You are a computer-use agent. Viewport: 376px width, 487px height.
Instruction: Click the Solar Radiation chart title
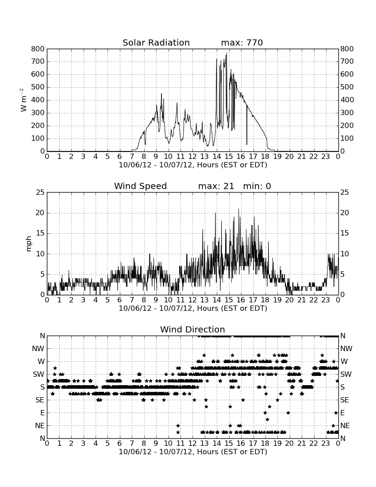tap(156, 43)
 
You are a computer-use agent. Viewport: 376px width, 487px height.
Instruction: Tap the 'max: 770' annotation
tap(242, 43)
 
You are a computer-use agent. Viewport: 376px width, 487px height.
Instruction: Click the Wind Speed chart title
tap(141, 186)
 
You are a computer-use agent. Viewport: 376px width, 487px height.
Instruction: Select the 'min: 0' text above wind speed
tap(257, 186)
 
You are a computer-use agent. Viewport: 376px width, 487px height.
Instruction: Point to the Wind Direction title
tap(192, 329)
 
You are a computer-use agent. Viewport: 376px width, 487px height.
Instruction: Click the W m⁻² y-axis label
tap(23, 100)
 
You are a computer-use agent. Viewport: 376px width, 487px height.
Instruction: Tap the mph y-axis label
tap(29, 244)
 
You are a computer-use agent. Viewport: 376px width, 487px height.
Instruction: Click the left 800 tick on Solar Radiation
tap(38, 49)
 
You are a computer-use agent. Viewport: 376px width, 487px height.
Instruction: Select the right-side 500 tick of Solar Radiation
tap(347, 87)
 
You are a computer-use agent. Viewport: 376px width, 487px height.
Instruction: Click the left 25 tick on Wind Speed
tap(40, 193)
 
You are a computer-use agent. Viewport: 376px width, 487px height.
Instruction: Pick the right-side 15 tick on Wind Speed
tap(344, 233)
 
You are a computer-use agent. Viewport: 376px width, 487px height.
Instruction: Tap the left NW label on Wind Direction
tap(38, 349)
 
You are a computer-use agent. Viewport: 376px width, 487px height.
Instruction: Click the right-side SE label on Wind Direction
tap(344, 400)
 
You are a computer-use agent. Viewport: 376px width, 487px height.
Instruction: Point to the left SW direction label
tap(38, 374)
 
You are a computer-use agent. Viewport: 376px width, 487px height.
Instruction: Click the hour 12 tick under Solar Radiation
tap(192, 157)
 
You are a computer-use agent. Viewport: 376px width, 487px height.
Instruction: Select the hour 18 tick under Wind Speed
tap(265, 300)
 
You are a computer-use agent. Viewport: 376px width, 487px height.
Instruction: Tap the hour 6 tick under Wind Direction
tap(119, 444)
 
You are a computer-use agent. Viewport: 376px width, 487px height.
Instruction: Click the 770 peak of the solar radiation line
tap(226, 53)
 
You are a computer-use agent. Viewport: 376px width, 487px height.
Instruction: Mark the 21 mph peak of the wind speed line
tap(238, 209)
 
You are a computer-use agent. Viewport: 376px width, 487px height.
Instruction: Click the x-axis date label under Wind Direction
tap(193, 452)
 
